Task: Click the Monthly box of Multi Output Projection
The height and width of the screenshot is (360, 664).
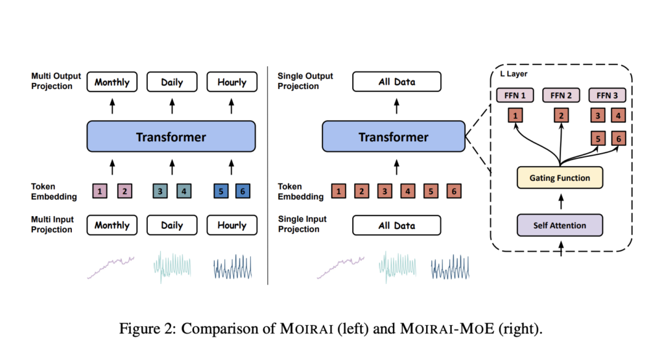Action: coord(112,82)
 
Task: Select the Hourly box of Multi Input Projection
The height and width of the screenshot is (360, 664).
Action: coord(232,225)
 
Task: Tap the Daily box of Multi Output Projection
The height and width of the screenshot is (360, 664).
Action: coord(172,82)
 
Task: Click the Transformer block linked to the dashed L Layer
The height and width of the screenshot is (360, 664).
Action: coord(394,136)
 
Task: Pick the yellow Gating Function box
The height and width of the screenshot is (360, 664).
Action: coord(560,178)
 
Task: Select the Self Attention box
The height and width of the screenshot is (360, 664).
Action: coord(560,225)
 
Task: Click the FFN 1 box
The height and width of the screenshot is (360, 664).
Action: coord(515,95)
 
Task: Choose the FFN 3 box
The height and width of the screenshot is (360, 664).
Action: coord(607,95)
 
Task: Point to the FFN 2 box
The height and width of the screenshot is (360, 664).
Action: coord(561,95)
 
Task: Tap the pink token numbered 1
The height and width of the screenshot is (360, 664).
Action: coord(100,191)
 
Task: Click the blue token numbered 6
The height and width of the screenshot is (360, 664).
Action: coord(243,191)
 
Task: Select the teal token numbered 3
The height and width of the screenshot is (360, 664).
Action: coord(160,191)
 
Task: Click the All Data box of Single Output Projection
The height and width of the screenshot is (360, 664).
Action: coord(397,82)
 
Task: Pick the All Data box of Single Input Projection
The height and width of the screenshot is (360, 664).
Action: coord(397,225)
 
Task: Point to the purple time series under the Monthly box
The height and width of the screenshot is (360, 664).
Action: coord(111,267)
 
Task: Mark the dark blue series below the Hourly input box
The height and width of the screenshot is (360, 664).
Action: coord(233,267)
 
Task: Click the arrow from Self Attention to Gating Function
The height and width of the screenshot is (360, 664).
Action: coord(561,201)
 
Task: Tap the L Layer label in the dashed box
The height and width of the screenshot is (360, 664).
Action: coord(514,74)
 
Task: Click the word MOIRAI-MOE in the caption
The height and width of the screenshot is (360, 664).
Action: coord(447,328)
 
